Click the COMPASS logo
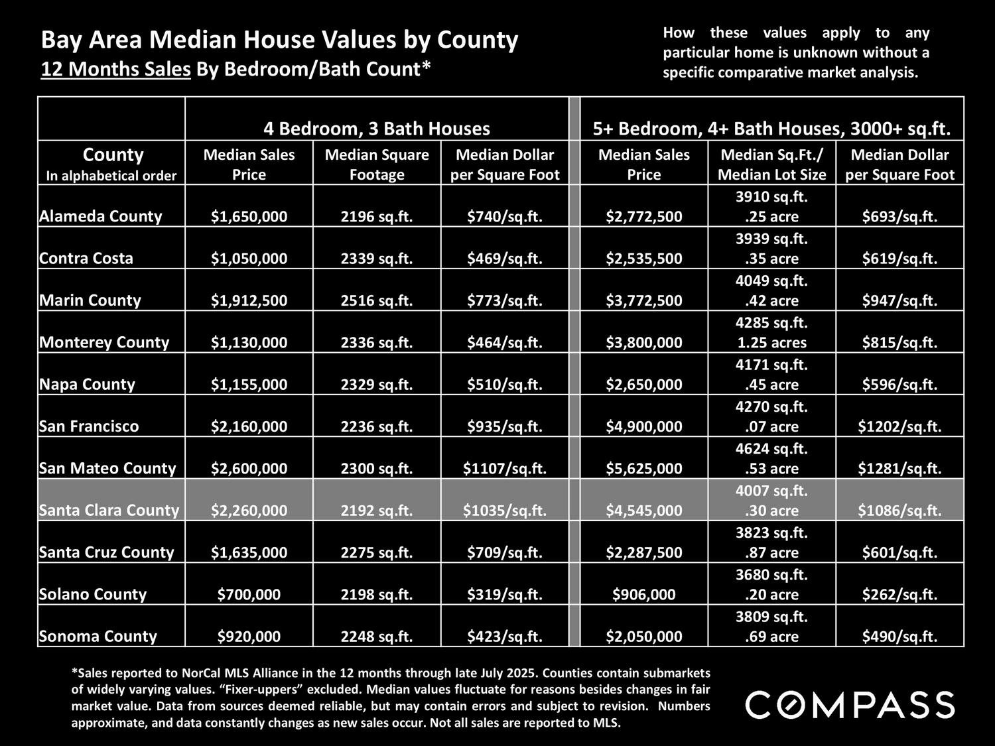coord(850,704)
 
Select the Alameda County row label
coord(101,216)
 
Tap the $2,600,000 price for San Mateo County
coord(249,468)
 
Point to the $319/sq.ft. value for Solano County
coord(505,594)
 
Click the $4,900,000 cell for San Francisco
coord(643,426)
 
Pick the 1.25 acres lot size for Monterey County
coord(771,343)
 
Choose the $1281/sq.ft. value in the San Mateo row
coord(899,468)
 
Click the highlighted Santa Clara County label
coord(109,510)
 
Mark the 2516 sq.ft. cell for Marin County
coord(377,300)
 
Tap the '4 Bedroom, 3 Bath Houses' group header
coord(376,128)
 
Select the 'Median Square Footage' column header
coord(377,164)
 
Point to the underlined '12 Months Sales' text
coord(116,69)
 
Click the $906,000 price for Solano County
coord(643,594)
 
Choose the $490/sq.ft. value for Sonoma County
coord(899,637)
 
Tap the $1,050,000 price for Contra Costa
coord(249,259)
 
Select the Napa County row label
coord(87,384)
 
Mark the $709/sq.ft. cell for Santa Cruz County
coord(505,552)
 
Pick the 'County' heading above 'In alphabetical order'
coord(113,155)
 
